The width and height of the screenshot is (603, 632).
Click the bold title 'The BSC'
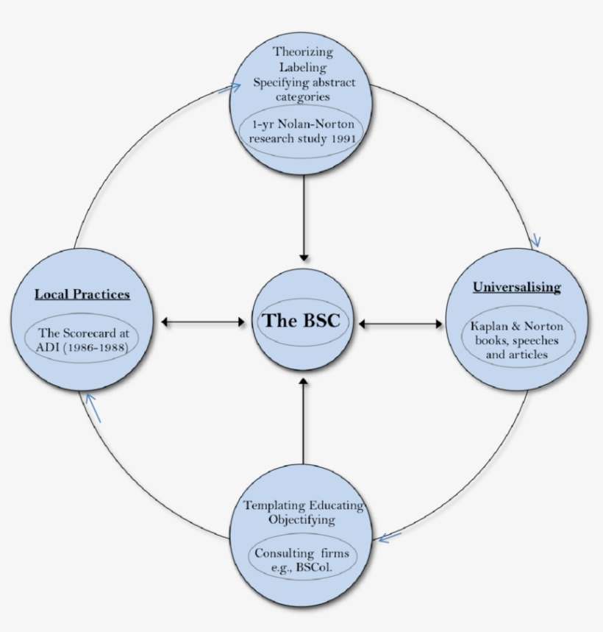pos(301,320)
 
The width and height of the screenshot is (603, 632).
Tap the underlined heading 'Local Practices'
pos(82,294)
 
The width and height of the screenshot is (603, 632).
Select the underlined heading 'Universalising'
pos(517,287)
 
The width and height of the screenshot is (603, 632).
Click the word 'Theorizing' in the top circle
pos(303,52)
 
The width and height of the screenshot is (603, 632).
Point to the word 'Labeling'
pos(303,68)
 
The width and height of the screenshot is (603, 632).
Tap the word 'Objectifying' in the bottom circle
pos(302,519)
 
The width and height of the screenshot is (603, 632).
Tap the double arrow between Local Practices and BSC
pos(202,322)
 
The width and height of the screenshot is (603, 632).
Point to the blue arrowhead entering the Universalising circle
pos(536,241)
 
